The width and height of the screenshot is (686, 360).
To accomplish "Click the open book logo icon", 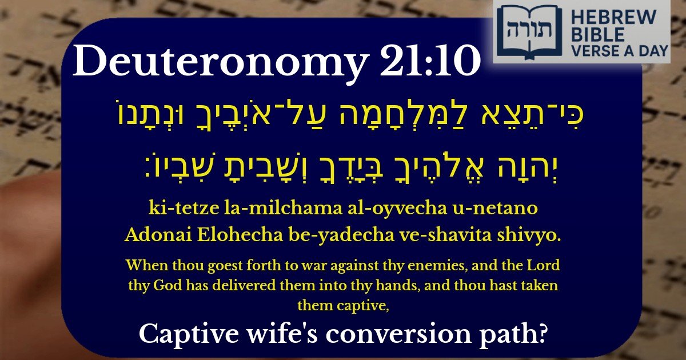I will (521, 31).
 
